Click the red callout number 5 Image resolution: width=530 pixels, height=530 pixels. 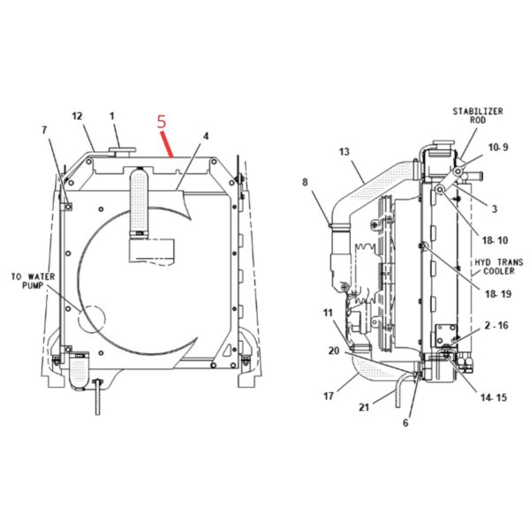point(162,122)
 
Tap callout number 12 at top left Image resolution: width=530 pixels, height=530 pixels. point(77,117)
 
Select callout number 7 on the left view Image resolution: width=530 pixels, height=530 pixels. point(44,130)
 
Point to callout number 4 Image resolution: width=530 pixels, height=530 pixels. point(206,136)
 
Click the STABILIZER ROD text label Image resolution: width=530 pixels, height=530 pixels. point(478,116)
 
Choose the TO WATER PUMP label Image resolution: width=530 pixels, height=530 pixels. point(33,281)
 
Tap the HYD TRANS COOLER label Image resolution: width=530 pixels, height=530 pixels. point(498,267)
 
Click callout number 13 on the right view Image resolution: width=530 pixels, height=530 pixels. point(344,152)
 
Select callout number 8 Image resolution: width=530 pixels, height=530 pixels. point(305,183)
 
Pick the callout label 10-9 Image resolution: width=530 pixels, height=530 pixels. point(498,148)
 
